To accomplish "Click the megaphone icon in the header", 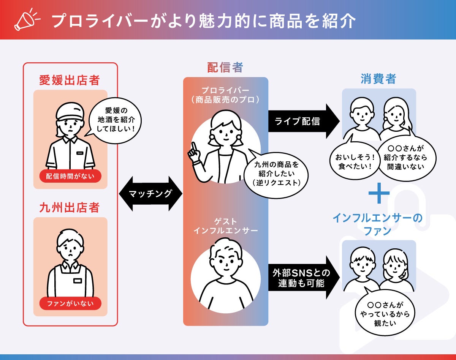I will [x=26, y=20].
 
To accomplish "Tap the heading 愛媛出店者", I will [x=70, y=81].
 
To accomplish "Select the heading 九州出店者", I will [x=70, y=208].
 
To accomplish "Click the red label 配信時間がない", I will [x=70, y=176].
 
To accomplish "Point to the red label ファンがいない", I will [x=70, y=303].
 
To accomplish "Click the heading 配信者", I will [x=225, y=68].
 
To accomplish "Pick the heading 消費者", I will [x=378, y=79].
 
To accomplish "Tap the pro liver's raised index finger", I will [x=193, y=147].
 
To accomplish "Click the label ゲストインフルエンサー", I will [x=226, y=226].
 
